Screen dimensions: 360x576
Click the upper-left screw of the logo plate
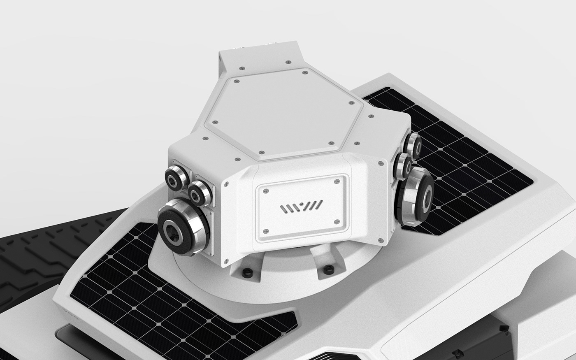[266, 190]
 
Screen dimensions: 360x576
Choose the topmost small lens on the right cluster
[412, 145]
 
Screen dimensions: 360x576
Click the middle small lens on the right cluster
[403, 166]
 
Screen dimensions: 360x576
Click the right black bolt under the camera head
[327, 269]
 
